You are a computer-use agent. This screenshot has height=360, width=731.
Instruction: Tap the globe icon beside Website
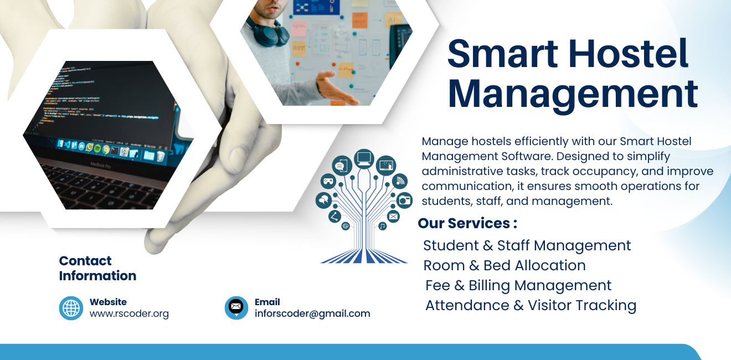71,308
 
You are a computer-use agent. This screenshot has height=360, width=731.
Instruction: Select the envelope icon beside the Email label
236,307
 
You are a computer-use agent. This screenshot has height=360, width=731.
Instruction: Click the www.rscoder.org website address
129,313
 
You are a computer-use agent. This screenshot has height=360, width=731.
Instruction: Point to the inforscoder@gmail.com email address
312,313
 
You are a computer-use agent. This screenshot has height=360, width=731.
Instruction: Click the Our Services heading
467,223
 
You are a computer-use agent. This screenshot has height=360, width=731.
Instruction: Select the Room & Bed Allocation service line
504,265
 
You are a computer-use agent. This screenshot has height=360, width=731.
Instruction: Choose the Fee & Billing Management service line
518,286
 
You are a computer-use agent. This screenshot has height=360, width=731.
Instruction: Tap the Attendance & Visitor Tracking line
531,306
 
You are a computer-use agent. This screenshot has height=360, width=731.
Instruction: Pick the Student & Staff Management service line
527,245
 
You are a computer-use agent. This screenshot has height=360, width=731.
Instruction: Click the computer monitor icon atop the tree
363,159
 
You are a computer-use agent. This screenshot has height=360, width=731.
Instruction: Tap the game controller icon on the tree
328,181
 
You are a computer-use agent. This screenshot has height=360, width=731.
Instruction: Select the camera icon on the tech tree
404,200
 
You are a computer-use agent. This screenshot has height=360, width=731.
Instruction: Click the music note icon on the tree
383,226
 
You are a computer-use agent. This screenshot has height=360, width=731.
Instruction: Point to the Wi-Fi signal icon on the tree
400,181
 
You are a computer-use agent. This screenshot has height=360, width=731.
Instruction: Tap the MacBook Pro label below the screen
101,166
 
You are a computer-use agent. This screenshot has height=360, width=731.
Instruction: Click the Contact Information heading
97,268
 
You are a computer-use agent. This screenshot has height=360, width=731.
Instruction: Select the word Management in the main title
573,94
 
